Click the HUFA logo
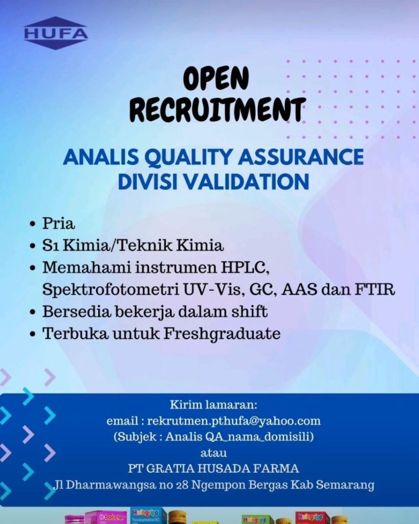(x=56, y=33)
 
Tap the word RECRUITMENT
(x=217, y=110)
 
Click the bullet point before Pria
(x=32, y=224)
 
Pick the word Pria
(x=58, y=223)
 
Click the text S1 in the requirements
(x=51, y=246)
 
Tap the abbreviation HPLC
(x=244, y=267)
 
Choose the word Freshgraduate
(x=222, y=334)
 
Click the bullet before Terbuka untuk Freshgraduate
(x=32, y=334)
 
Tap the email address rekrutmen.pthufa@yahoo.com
(x=234, y=421)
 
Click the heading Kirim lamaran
(x=214, y=405)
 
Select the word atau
(x=213, y=453)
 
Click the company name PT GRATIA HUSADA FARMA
(x=213, y=469)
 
